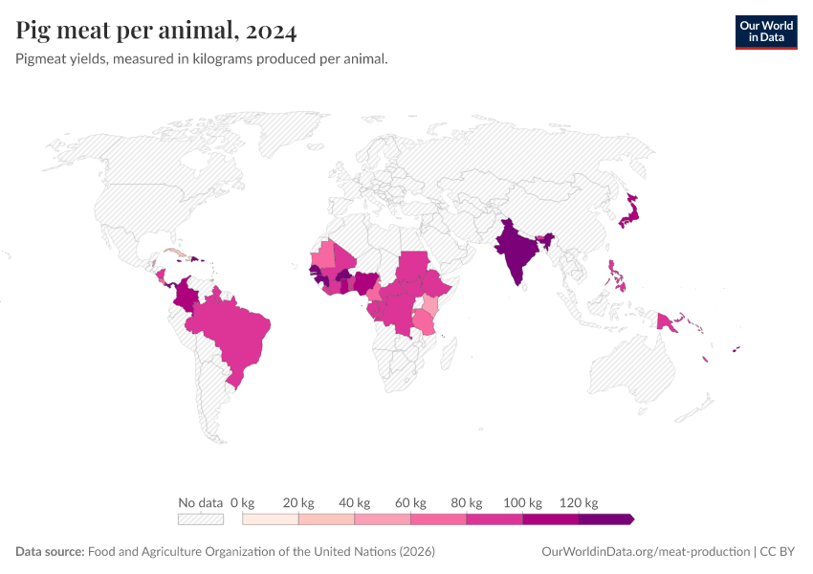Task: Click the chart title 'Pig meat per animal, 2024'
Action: click(x=156, y=31)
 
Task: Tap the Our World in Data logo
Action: click(x=766, y=32)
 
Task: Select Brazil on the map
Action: click(x=234, y=335)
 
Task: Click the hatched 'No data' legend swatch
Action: click(x=200, y=519)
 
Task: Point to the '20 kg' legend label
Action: click(x=299, y=502)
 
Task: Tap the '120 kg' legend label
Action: click(x=579, y=502)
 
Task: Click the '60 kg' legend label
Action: click(x=411, y=502)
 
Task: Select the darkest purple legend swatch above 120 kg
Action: click(x=604, y=519)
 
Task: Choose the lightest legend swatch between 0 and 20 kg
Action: click(x=271, y=519)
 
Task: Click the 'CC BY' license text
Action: click(x=779, y=552)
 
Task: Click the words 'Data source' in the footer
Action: click(x=50, y=552)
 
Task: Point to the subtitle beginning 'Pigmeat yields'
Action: click(x=202, y=59)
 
